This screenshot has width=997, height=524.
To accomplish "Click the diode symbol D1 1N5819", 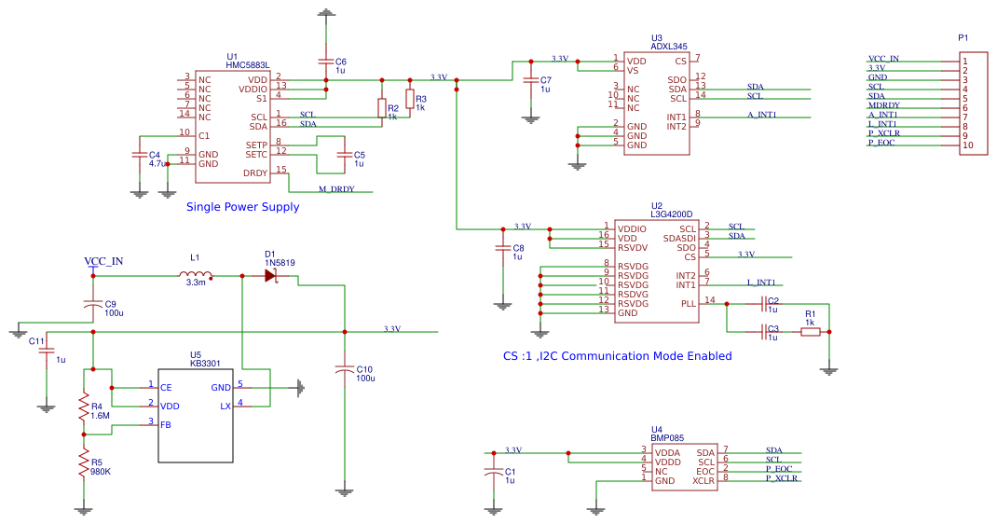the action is pyautogui.click(x=271, y=275).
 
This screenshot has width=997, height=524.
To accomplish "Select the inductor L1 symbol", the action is pyautogui.click(x=195, y=274).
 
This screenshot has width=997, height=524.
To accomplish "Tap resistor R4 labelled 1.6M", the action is pyautogui.click(x=83, y=407).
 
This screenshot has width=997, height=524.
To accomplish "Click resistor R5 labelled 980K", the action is pyautogui.click(x=83, y=462).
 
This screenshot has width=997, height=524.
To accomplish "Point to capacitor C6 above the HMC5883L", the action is pyautogui.click(x=325, y=61).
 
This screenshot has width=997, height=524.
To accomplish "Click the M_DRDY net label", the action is pyautogui.click(x=336, y=189).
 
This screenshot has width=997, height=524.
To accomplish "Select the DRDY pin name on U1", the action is pyautogui.click(x=255, y=173).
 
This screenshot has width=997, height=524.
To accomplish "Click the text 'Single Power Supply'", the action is pyautogui.click(x=242, y=207).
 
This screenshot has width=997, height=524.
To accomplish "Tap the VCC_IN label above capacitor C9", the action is pyautogui.click(x=103, y=261).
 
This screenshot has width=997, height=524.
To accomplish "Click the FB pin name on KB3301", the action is pyautogui.click(x=165, y=425).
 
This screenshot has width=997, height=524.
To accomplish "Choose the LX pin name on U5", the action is pyautogui.click(x=225, y=407).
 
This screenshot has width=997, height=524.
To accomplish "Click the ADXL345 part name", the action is pyautogui.click(x=669, y=47).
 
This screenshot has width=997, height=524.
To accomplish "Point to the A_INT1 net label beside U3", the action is pyautogui.click(x=762, y=115).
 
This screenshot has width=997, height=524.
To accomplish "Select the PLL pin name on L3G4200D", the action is pyautogui.click(x=689, y=304).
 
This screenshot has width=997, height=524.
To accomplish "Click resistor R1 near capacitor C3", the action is pyautogui.click(x=810, y=331).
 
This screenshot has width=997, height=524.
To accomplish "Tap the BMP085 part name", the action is pyautogui.click(x=667, y=438).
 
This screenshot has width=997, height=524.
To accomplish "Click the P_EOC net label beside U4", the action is pyautogui.click(x=779, y=469).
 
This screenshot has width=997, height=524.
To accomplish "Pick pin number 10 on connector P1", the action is pyautogui.click(x=968, y=145).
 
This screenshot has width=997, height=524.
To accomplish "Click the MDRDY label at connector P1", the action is pyautogui.click(x=884, y=105).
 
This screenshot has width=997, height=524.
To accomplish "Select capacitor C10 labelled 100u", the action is pyautogui.click(x=344, y=370).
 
